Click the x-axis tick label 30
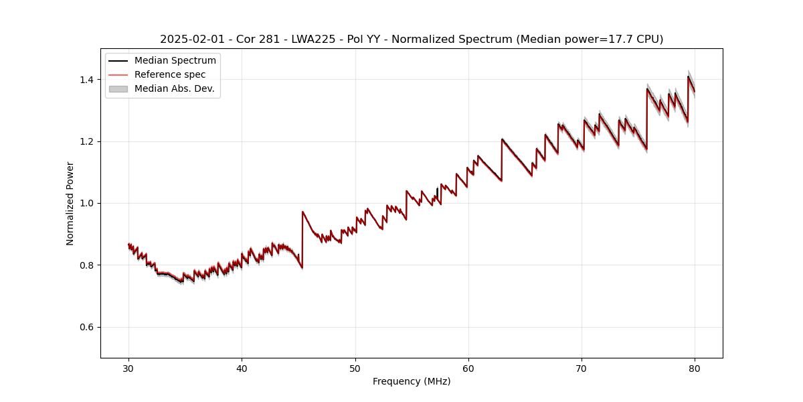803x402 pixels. (128, 368)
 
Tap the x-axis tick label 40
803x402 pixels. (242, 368)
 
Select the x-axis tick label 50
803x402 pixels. (355, 368)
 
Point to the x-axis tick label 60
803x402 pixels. (468, 368)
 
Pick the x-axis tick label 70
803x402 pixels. (582, 368)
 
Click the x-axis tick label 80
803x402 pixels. (695, 368)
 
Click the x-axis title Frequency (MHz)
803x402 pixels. (412, 381)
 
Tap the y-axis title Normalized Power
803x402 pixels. (70, 203)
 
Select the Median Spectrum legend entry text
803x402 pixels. (175, 61)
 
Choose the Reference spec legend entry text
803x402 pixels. (170, 74)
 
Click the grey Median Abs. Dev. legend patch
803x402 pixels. (118, 88)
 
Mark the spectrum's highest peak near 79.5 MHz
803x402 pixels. (688, 76)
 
